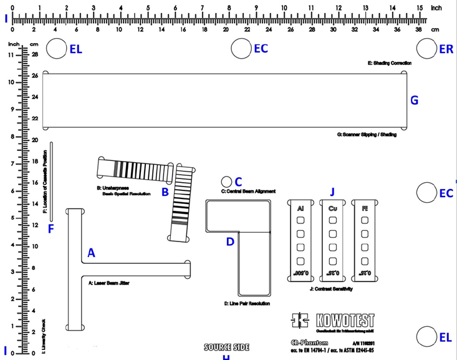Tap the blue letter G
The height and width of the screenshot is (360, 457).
(x=415, y=100)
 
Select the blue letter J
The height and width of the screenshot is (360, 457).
(x=332, y=192)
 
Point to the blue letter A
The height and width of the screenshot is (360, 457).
(x=91, y=253)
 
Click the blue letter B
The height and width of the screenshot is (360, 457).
(x=165, y=192)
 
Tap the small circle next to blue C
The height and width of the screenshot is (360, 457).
(x=226, y=180)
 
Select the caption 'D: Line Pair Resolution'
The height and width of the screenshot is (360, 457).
(x=247, y=303)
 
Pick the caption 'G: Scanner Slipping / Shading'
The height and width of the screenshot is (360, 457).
(x=367, y=134)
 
